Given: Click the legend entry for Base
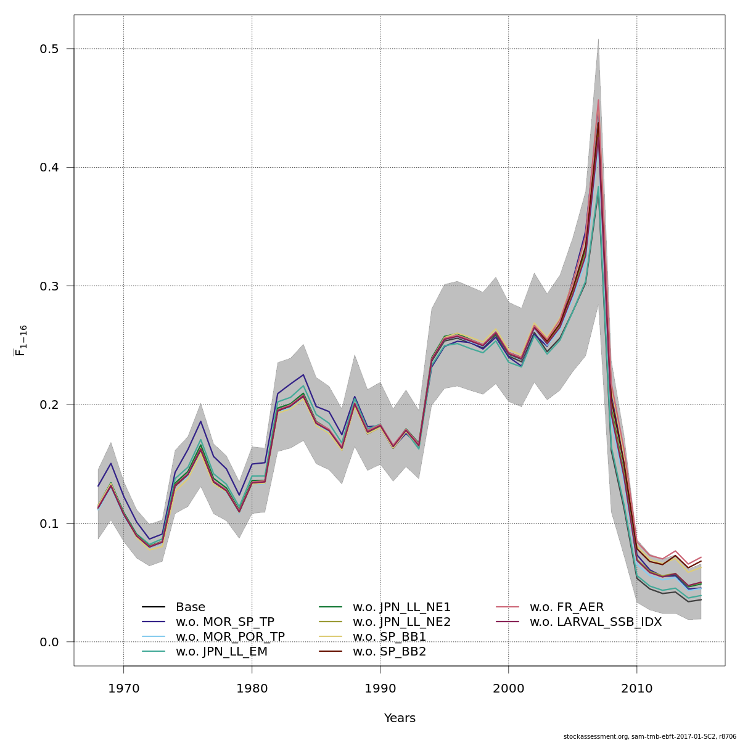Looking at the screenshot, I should [x=190, y=607].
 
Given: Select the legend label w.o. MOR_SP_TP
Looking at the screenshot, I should [x=224, y=622].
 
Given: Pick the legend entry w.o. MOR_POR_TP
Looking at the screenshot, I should [x=230, y=637].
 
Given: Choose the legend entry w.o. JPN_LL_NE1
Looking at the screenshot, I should [x=401, y=607].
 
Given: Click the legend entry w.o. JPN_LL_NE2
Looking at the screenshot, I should [x=401, y=622].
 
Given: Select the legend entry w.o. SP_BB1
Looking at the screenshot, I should [x=389, y=637].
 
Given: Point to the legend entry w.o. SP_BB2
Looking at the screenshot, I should [x=389, y=652].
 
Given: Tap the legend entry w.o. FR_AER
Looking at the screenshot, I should [x=567, y=607].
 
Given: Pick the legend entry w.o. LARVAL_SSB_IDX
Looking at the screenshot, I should [x=595, y=622].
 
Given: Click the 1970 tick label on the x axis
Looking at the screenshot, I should [x=123, y=688].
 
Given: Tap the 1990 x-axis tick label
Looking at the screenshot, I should [x=380, y=688].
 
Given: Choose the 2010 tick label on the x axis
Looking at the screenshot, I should [x=636, y=688].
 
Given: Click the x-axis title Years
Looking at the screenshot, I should [x=400, y=718].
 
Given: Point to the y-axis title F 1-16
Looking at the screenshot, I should [x=20, y=340].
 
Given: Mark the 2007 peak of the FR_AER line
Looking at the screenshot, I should [x=598, y=100].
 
